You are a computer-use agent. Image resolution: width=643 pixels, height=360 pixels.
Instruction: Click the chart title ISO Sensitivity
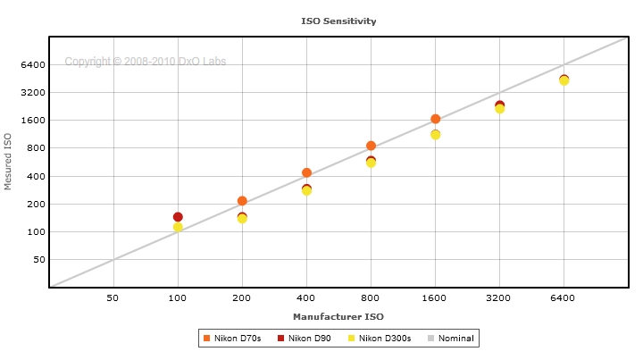click(x=338, y=20)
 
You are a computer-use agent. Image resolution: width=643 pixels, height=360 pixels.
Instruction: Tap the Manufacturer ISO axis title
click(x=338, y=316)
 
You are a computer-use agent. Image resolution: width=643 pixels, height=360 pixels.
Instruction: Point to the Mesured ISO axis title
click(x=9, y=162)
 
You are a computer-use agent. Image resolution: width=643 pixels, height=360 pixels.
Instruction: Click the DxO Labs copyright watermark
click(x=145, y=62)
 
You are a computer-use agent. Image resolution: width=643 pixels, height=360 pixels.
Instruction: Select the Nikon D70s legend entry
click(x=232, y=338)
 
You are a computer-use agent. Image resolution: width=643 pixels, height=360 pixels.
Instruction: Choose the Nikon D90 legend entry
click(x=303, y=338)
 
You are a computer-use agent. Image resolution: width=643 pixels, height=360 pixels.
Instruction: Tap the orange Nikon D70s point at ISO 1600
click(x=435, y=119)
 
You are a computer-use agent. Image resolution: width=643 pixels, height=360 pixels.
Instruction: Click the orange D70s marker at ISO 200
click(x=242, y=201)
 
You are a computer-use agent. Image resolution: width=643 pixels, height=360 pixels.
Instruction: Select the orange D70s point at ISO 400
click(x=306, y=172)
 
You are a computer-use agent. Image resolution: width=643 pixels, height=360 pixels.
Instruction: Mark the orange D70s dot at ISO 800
click(x=371, y=146)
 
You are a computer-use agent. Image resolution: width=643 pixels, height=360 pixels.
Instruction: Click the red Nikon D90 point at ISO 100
click(x=178, y=217)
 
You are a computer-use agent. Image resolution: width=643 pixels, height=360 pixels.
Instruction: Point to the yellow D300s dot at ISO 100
click(x=178, y=227)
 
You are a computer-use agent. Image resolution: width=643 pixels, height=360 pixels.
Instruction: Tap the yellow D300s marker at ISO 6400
click(x=564, y=81)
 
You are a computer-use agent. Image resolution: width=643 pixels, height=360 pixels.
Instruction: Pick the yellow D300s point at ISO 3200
click(x=499, y=109)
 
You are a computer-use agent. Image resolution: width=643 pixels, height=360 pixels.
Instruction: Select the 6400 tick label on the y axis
click(x=31, y=64)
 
